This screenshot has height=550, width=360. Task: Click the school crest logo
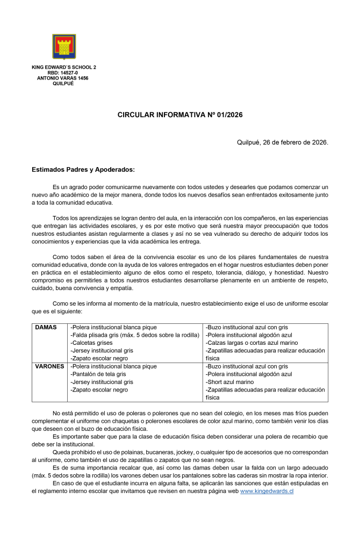(x=64, y=47)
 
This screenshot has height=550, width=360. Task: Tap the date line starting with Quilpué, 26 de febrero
(x=283, y=142)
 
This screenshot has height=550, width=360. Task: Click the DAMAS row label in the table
(x=46, y=327)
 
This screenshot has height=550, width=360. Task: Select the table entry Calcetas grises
(x=91, y=343)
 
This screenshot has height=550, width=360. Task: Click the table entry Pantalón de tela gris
(x=98, y=374)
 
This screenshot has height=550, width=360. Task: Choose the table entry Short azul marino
(x=230, y=382)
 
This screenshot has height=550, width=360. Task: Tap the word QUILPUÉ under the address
(x=63, y=83)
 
